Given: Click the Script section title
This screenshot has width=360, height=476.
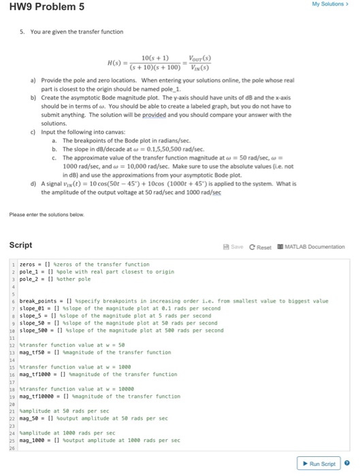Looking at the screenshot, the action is pyautogui.click(x=21, y=245).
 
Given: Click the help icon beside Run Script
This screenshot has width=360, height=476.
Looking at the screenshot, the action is pyautogui.click(x=347, y=463).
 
